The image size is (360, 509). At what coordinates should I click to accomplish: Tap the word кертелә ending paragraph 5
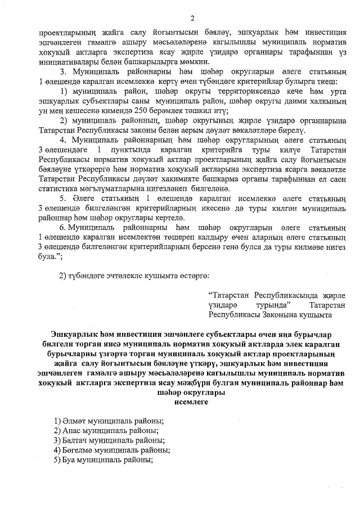[x=171, y=214]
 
